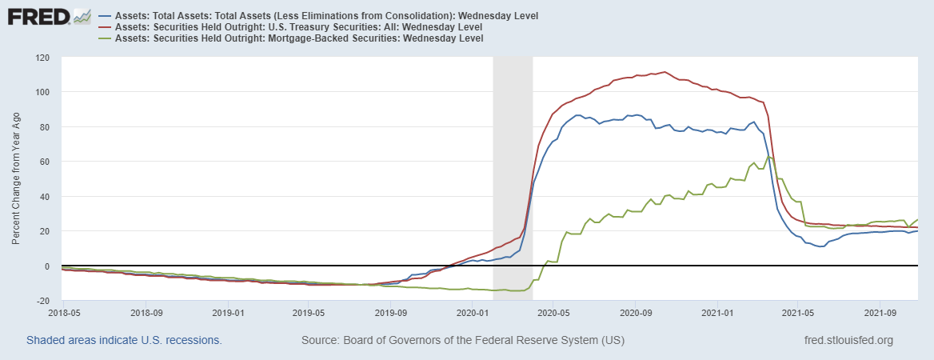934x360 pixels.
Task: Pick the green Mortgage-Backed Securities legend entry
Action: (x=299, y=38)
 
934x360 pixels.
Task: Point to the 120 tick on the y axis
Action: (x=42, y=58)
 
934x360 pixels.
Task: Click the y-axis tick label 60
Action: (x=45, y=162)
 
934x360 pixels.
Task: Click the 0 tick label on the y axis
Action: (x=47, y=266)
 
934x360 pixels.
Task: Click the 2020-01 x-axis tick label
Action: (x=472, y=314)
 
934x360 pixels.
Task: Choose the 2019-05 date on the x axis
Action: (x=309, y=314)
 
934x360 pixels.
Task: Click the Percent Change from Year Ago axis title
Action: (x=16, y=179)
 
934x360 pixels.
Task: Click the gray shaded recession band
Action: (x=513, y=176)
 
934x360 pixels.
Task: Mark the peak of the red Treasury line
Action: (x=665, y=72)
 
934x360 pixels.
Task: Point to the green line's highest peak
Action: (x=769, y=157)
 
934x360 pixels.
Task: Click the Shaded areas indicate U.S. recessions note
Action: (x=124, y=340)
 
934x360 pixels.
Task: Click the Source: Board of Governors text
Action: (x=462, y=340)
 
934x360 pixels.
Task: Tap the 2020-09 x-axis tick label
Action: (x=635, y=314)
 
